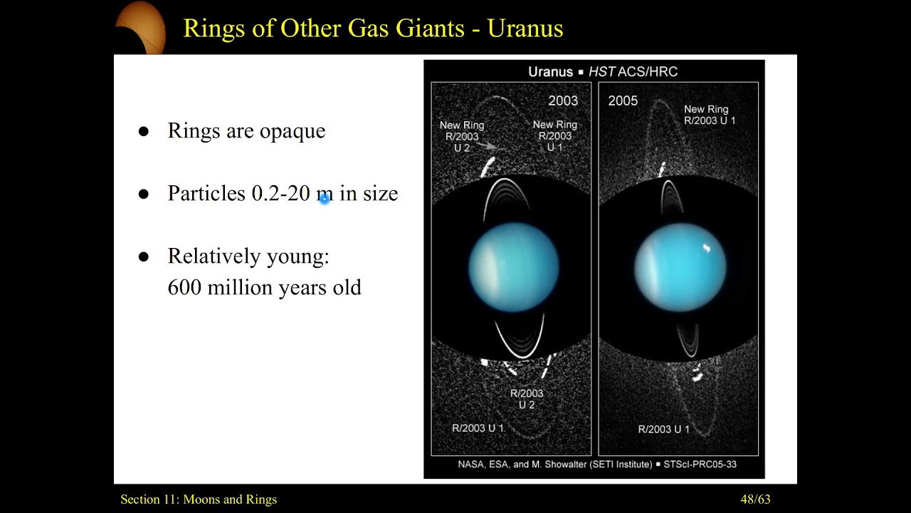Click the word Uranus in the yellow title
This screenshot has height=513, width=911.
pyautogui.click(x=525, y=28)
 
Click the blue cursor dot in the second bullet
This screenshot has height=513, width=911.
pyautogui.click(x=324, y=199)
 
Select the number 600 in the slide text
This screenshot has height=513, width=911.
pyautogui.click(x=184, y=288)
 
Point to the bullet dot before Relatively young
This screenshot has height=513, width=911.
pyautogui.click(x=144, y=257)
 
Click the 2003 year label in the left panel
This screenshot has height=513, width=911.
pyautogui.click(x=563, y=100)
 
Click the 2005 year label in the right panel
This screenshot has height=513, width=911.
pyautogui.click(x=623, y=100)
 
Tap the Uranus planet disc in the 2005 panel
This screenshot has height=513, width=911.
pyautogui.click(x=680, y=266)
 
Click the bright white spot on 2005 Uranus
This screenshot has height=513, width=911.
pyautogui.click(x=707, y=248)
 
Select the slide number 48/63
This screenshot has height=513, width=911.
pyautogui.click(x=755, y=499)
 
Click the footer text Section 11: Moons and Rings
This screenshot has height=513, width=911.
pyautogui.click(x=199, y=499)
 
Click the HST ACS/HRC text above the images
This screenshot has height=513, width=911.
pyautogui.click(x=633, y=71)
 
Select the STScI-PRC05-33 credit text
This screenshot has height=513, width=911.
pyautogui.click(x=700, y=465)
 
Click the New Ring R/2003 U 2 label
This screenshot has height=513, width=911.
pyautogui.click(x=461, y=136)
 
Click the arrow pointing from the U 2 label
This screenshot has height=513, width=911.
pyautogui.click(x=491, y=146)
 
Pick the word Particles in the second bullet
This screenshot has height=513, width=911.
pyautogui.click(x=206, y=194)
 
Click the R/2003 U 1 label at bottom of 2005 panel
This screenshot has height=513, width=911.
pyautogui.click(x=663, y=429)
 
